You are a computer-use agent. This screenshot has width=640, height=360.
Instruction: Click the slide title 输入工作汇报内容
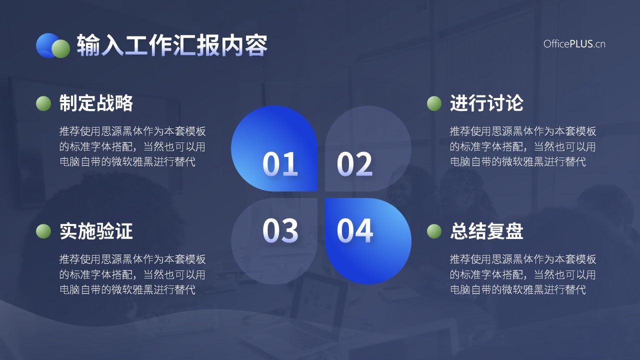pyautogui.click(x=172, y=45)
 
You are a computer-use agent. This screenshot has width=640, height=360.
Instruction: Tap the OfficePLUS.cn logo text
pyautogui.click(x=574, y=44)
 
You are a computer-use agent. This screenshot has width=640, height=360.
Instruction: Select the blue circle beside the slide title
pyautogui.click(x=46, y=45)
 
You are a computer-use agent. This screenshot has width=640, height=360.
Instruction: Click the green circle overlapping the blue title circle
pyautogui.click(x=60, y=48)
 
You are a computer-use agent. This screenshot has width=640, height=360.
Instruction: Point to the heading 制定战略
pyautogui.click(x=96, y=103)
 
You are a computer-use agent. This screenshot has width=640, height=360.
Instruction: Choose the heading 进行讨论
pyautogui.click(x=486, y=103)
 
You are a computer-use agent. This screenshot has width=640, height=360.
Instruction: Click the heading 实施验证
pyautogui.click(x=96, y=231)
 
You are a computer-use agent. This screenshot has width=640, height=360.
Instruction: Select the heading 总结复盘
pyautogui.click(x=486, y=231)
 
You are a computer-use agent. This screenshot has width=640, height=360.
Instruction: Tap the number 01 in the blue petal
pyautogui.click(x=280, y=164)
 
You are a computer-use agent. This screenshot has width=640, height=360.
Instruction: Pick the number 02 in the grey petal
pyautogui.click(x=354, y=164)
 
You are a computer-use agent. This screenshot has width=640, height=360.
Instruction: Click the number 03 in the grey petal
pyautogui.click(x=280, y=230)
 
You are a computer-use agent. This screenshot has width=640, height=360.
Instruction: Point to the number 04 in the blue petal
pyautogui.click(x=354, y=230)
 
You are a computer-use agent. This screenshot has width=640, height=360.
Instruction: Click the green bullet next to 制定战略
pyautogui.click(x=43, y=103)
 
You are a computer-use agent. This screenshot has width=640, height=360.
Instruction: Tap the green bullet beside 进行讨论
pyautogui.click(x=434, y=103)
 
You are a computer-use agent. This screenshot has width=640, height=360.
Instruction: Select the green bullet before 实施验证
pyautogui.click(x=43, y=231)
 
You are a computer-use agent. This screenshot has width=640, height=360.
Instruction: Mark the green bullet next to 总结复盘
pyautogui.click(x=434, y=231)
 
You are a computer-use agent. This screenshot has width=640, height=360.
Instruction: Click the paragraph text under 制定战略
pyautogui.click(x=132, y=146)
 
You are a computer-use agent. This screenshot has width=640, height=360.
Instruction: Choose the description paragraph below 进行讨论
pyautogui.click(x=523, y=146)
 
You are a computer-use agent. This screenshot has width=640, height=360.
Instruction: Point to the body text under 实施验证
pyautogui.click(x=132, y=274)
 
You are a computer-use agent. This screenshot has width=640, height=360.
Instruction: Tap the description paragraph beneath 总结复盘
pyautogui.click(x=523, y=274)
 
